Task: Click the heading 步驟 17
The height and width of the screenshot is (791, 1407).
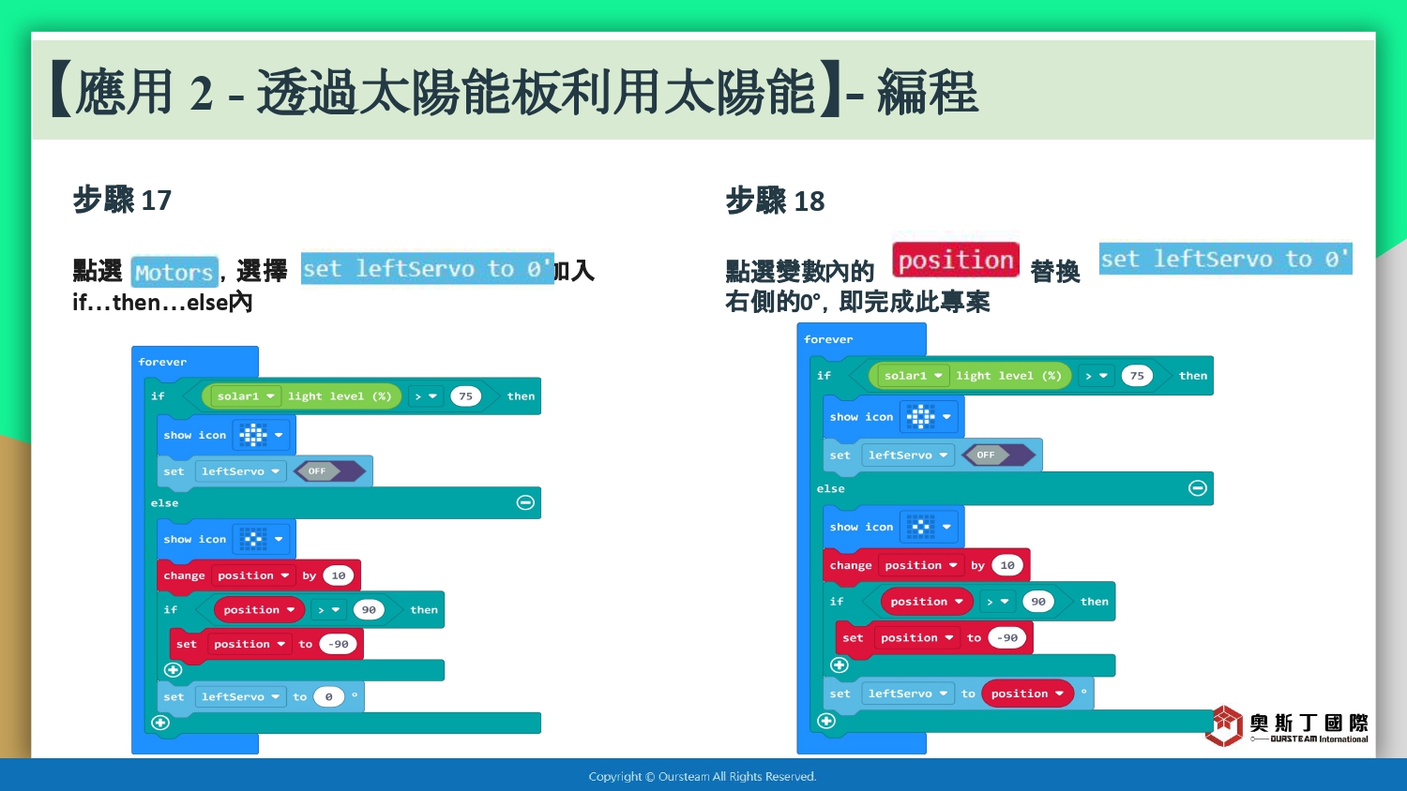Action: pyautogui.click(x=123, y=201)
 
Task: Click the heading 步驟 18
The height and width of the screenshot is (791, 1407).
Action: pyautogui.click(x=775, y=201)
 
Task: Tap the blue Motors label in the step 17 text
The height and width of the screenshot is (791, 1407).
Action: pyautogui.click(x=174, y=272)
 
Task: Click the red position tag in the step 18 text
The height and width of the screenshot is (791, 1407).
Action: pyautogui.click(x=956, y=260)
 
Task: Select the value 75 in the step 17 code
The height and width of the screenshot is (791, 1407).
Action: pyautogui.click(x=465, y=396)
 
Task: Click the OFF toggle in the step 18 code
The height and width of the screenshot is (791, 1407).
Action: pyautogui.click(x=997, y=455)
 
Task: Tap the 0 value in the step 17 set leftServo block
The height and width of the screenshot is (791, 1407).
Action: pyautogui.click(x=328, y=696)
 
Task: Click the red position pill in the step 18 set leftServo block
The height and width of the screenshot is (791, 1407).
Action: pyautogui.click(x=1027, y=694)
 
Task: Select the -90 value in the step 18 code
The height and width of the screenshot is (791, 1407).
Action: pyautogui.click(x=1006, y=637)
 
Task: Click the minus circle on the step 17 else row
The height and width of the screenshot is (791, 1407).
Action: pyautogui.click(x=525, y=502)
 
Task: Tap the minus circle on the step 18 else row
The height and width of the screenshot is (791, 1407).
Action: pyautogui.click(x=1197, y=487)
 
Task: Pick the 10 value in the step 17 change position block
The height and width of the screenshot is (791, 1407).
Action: pyautogui.click(x=338, y=575)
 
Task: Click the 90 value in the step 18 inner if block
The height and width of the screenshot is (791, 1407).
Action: pyautogui.click(x=1037, y=601)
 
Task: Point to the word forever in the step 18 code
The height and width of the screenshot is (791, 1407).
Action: pyautogui.click(x=828, y=339)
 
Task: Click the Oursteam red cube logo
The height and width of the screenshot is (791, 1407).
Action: pyautogui.click(x=1224, y=725)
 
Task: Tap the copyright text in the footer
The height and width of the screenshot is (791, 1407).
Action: pyautogui.click(x=703, y=777)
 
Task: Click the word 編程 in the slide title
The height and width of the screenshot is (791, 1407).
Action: pyautogui.click(x=928, y=92)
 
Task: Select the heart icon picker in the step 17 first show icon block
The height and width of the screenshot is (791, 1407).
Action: pyautogui.click(x=261, y=435)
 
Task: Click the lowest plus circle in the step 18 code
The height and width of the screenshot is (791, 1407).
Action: pyautogui.click(x=826, y=721)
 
